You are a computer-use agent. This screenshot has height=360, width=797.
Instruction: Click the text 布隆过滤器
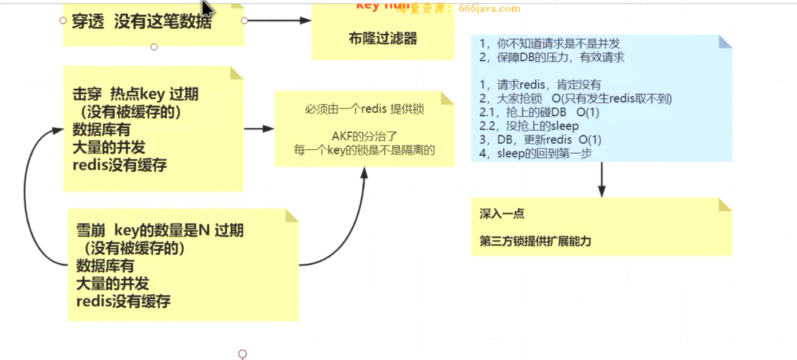click(382, 39)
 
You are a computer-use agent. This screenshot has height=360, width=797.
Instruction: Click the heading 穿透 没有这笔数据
click(141, 22)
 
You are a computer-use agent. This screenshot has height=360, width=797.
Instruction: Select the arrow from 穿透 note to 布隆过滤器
click(278, 21)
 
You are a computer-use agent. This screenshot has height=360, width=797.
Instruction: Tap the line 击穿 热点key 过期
click(135, 94)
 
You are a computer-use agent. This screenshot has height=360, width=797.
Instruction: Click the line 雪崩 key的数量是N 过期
click(160, 230)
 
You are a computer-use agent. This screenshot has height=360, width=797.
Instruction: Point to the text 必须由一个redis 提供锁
click(364, 109)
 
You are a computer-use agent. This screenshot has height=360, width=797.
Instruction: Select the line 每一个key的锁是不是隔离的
click(364, 150)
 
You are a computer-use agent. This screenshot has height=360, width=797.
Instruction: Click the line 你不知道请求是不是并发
click(550, 43)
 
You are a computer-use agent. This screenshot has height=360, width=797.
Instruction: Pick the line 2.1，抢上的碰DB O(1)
click(539, 112)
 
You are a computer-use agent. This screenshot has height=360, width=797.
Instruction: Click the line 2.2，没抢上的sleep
click(529, 126)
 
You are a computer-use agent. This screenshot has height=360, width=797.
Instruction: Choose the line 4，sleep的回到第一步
click(535, 153)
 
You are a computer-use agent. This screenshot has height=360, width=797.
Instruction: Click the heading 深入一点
click(502, 214)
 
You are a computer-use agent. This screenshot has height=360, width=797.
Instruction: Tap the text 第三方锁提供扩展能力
click(535, 241)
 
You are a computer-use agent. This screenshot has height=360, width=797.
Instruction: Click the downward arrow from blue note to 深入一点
click(601, 180)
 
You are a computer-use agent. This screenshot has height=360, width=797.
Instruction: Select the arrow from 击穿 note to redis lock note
click(259, 129)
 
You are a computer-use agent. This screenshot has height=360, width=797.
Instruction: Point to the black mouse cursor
click(207, 9)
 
